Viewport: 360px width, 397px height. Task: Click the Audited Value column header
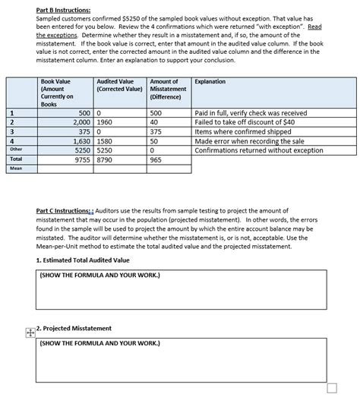115,85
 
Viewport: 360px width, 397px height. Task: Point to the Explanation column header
210,81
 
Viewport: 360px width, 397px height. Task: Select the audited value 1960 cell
105,121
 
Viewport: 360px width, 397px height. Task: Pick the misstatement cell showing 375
156,131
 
